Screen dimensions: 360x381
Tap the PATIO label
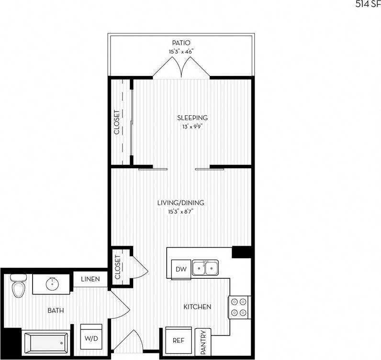[181, 43]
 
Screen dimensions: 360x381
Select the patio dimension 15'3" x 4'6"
[181, 51]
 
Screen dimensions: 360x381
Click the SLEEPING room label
[192, 118]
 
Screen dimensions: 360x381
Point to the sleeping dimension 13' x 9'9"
[192, 127]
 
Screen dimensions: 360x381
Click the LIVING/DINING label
[180, 203]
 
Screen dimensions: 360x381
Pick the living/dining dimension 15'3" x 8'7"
[180, 211]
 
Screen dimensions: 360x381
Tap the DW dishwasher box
[181, 269]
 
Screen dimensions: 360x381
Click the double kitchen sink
[205, 268]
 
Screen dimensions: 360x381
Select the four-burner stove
[239, 307]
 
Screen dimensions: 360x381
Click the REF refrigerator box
[179, 341]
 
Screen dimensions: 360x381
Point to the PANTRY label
[203, 343]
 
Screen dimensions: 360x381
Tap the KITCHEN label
[197, 306]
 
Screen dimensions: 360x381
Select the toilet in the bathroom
[18, 285]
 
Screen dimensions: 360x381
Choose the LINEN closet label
[90, 279]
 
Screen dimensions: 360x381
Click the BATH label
[56, 311]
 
